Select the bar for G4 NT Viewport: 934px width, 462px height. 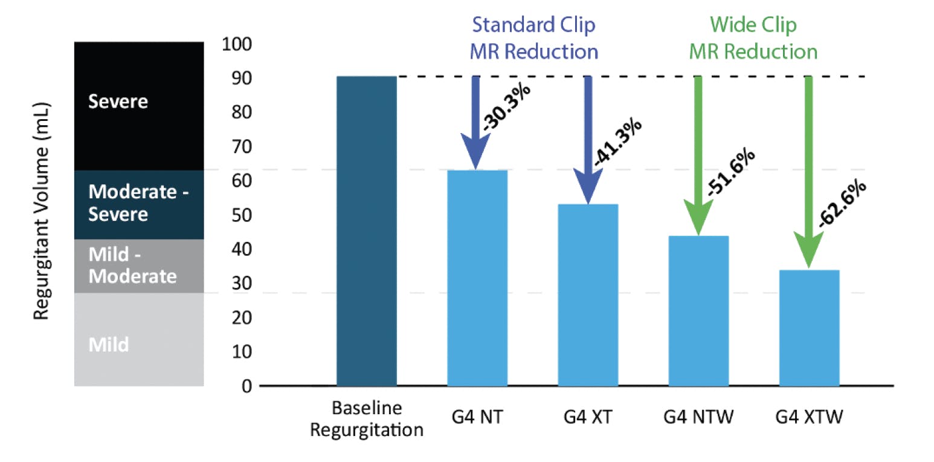pos(477,278)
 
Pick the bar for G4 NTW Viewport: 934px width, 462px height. pos(698,311)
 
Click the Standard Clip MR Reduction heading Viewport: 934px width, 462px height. pos(533,38)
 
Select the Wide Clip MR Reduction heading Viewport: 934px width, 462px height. pos(753,38)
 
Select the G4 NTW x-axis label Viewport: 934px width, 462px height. pos(698,418)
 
